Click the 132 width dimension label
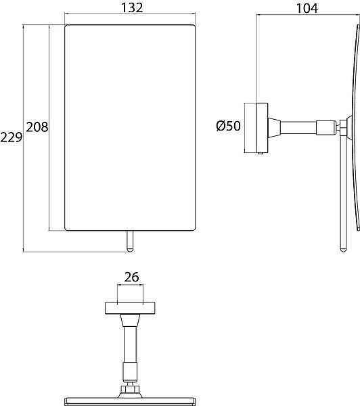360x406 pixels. point(132,7)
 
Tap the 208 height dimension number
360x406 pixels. point(37,127)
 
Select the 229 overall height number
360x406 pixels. point(12,137)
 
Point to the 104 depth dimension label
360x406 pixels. point(307,8)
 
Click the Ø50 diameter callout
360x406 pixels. point(229,126)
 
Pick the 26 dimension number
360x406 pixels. point(131,277)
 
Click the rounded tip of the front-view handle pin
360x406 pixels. point(129,251)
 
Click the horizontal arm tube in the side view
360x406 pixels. point(298,128)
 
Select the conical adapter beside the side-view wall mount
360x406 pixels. point(274,128)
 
